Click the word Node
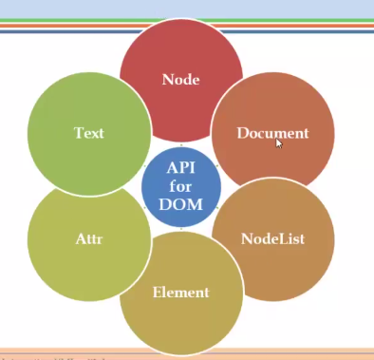pyautogui.click(x=181, y=80)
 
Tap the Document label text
pyautogui.click(x=273, y=133)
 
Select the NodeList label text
pyautogui.click(x=272, y=238)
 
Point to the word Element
pyautogui.click(x=181, y=292)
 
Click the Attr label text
pyautogui.click(x=89, y=238)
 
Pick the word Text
pyautogui.click(x=89, y=133)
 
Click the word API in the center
pyautogui.click(x=181, y=166)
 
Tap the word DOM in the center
pyautogui.click(x=181, y=203)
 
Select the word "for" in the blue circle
pyautogui.click(x=181, y=185)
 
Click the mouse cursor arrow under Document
pyautogui.click(x=278, y=143)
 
